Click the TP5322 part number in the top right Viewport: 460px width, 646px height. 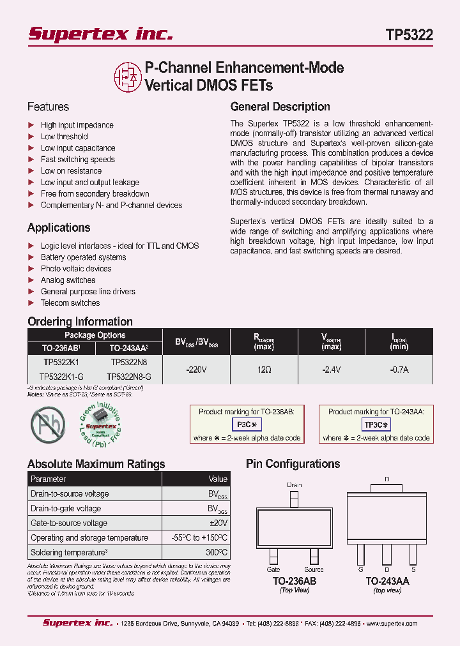[x=409, y=35]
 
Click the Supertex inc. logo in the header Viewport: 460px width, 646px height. [x=100, y=34]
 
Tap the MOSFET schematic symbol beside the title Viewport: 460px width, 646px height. [x=128, y=75]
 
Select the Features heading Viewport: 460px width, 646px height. [x=48, y=107]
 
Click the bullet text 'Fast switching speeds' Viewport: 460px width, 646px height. [x=78, y=160]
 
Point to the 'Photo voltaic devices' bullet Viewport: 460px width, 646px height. [x=76, y=269]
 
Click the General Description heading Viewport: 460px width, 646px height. [x=280, y=107]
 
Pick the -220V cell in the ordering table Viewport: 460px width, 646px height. [x=195, y=369]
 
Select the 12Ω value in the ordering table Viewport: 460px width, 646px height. [x=264, y=369]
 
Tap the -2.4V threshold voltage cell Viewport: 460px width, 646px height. [x=332, y=369]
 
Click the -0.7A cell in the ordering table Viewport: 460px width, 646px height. [x=399, y=369]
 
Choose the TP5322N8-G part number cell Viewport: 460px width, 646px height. [x=129, y=377]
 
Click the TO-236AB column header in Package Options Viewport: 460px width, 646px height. [x=61, y=348]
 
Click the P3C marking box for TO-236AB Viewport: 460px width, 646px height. [x=246, y=424]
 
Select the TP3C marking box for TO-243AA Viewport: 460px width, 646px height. [x=376, y=424]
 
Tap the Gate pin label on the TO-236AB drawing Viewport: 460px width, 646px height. [x=273, y=569]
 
